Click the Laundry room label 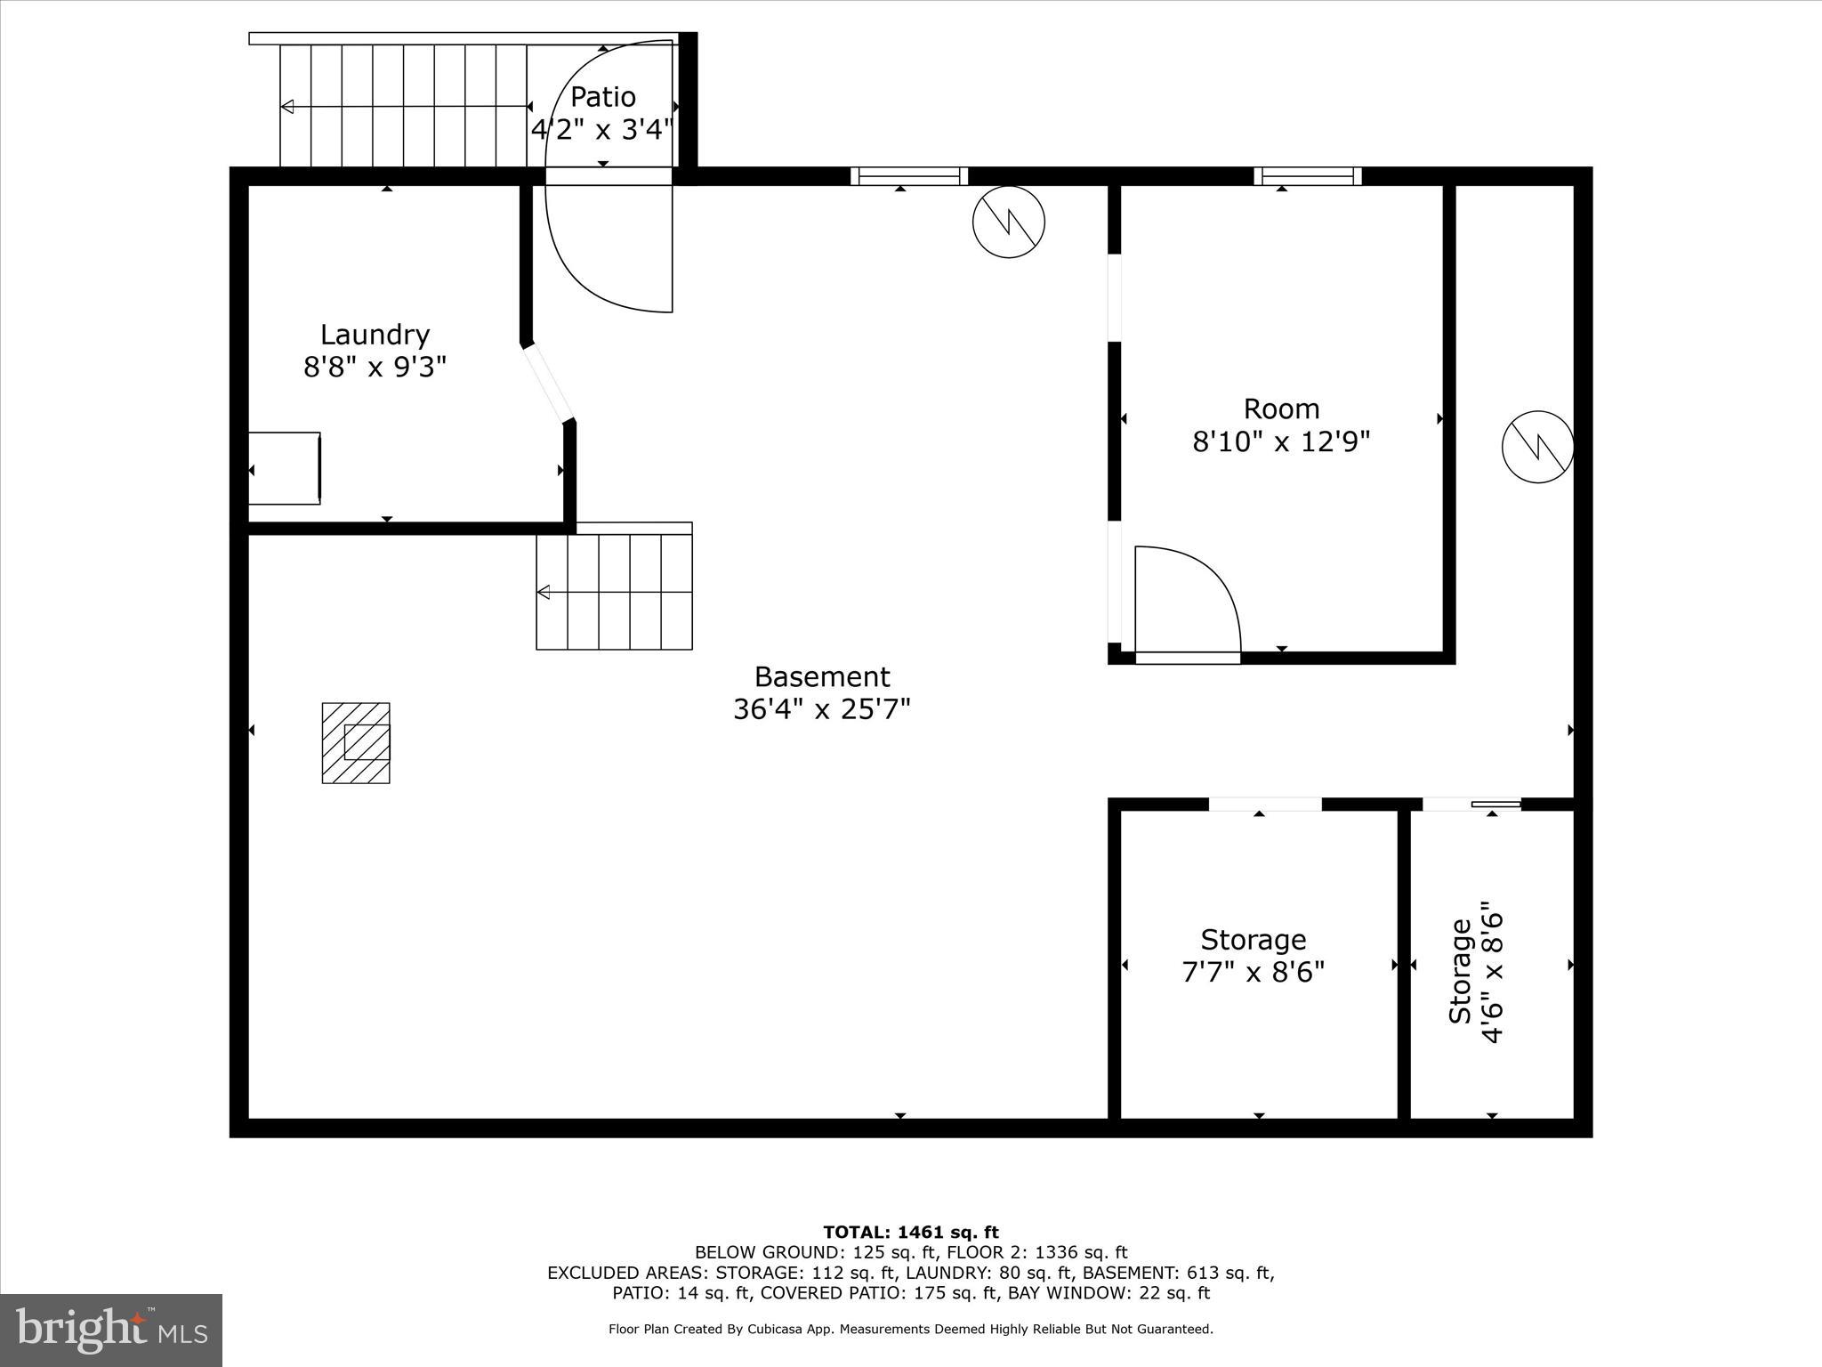(375, 335)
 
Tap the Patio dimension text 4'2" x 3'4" (601, 131)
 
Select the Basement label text (821, 677)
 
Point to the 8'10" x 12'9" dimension (1280, 441)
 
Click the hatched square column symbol (356, 743)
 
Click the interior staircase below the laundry (614, 592)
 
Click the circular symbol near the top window (1008, 222)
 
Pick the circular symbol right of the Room (1537, 447)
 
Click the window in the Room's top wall (1307, 176)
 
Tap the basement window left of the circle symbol (908, 176)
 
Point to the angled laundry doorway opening (548, 384)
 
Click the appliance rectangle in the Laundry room (284, 468)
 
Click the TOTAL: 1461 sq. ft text (910, 1233)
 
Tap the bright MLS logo (111, 1330)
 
